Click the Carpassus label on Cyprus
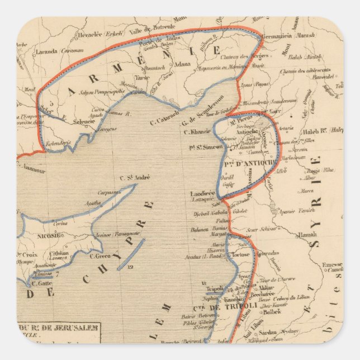[109, 192]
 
